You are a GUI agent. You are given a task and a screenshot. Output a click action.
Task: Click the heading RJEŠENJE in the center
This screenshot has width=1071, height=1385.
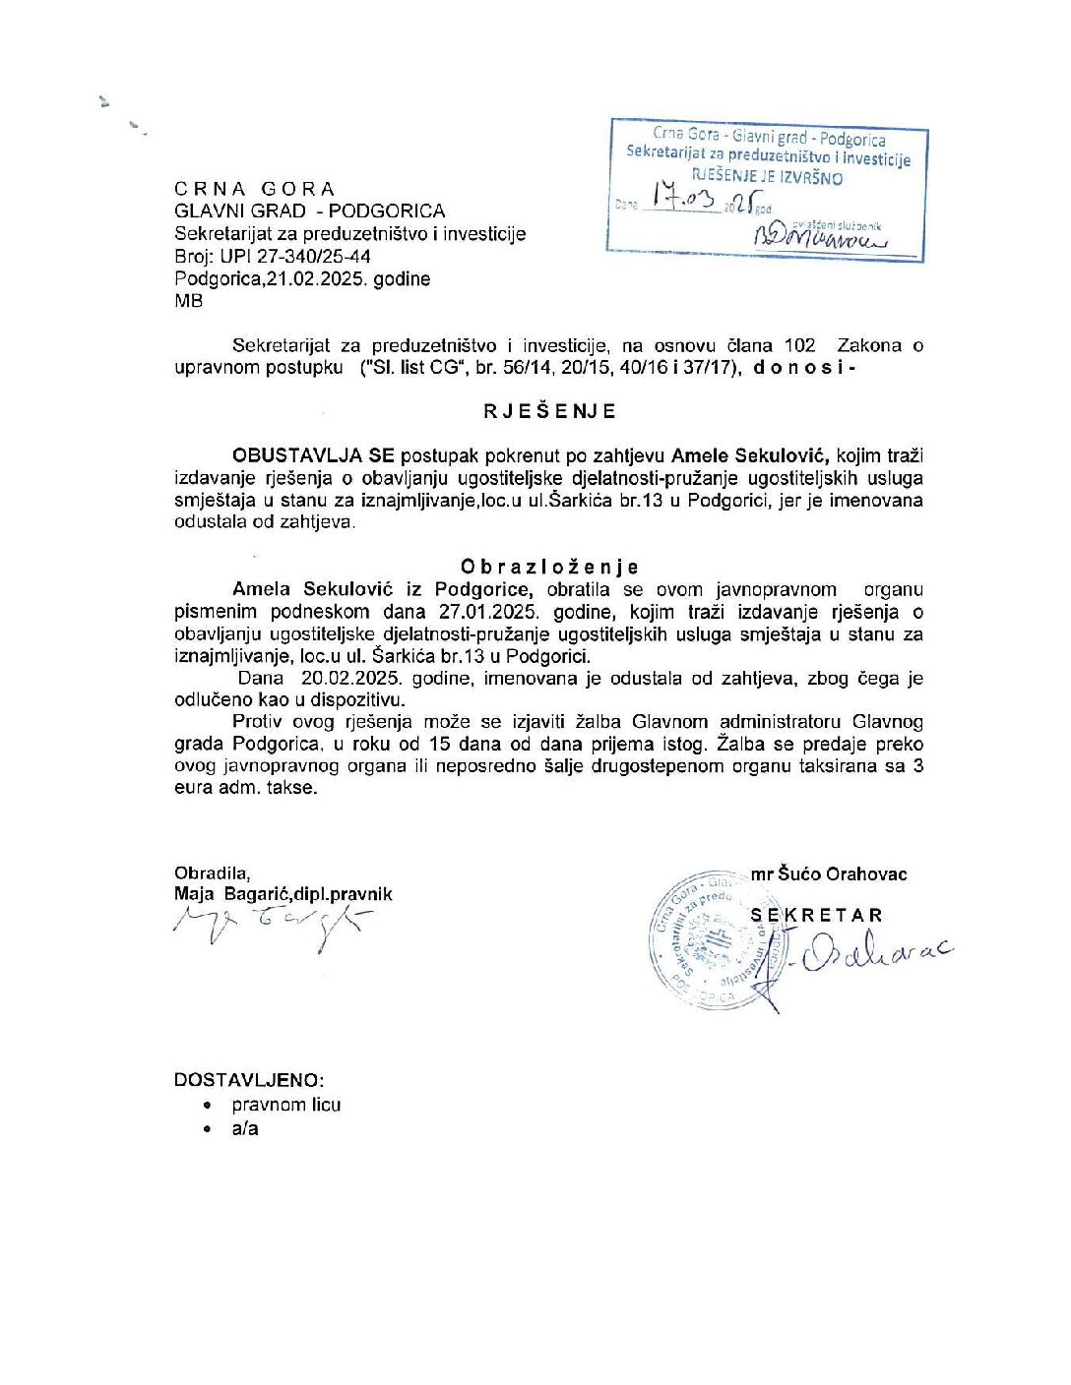pyautogui.click(x=549, y=411)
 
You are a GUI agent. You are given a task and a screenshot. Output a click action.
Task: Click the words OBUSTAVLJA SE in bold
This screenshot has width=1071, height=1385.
pyautogui.click(x=313, y=455)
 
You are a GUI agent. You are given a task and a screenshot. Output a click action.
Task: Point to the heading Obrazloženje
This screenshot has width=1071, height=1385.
pyautogui.click(x=549, y=567)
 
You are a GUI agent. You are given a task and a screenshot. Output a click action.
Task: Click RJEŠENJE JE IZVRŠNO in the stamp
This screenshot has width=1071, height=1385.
pyautogui.click(x=768, y=178)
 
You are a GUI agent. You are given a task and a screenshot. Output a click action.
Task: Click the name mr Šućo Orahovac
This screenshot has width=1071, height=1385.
pyautogui.click(x=828, y=874)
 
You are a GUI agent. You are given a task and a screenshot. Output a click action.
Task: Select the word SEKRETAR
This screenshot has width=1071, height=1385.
pyautogui.click(x=817, y=915)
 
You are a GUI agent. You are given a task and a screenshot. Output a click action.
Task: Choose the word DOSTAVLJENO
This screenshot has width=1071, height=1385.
pyautogui.click(x=248, y=1079)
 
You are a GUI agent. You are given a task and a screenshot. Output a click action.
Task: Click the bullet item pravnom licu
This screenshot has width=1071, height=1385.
pyautogui.click(x=286, y=1105)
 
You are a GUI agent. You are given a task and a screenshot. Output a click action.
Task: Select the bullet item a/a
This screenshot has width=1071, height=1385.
pyautogui.click(x=245, y=1129)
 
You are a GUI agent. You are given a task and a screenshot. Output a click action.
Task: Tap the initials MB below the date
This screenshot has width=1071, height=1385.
pyautogui.click(x=188, y=301)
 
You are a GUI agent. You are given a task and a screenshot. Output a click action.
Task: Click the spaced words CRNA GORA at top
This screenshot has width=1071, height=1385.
pyautogui.click(x=255, y=189)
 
